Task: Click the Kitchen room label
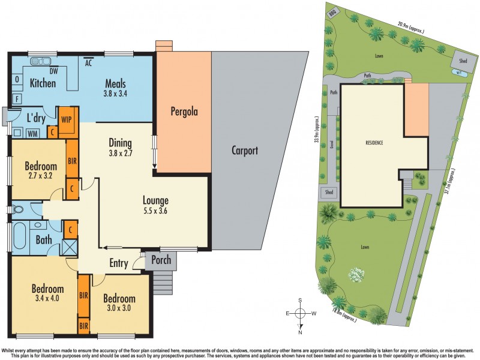tap(43, 83)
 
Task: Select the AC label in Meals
tap(88, 62)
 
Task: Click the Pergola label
tap(184, 111)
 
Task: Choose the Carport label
tap(245, 151)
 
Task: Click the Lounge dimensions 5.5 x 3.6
tap(155, 211)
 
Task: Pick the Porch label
tap(160, 260)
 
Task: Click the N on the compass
tap(301, 332)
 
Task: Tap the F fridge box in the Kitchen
tap(17, 98)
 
